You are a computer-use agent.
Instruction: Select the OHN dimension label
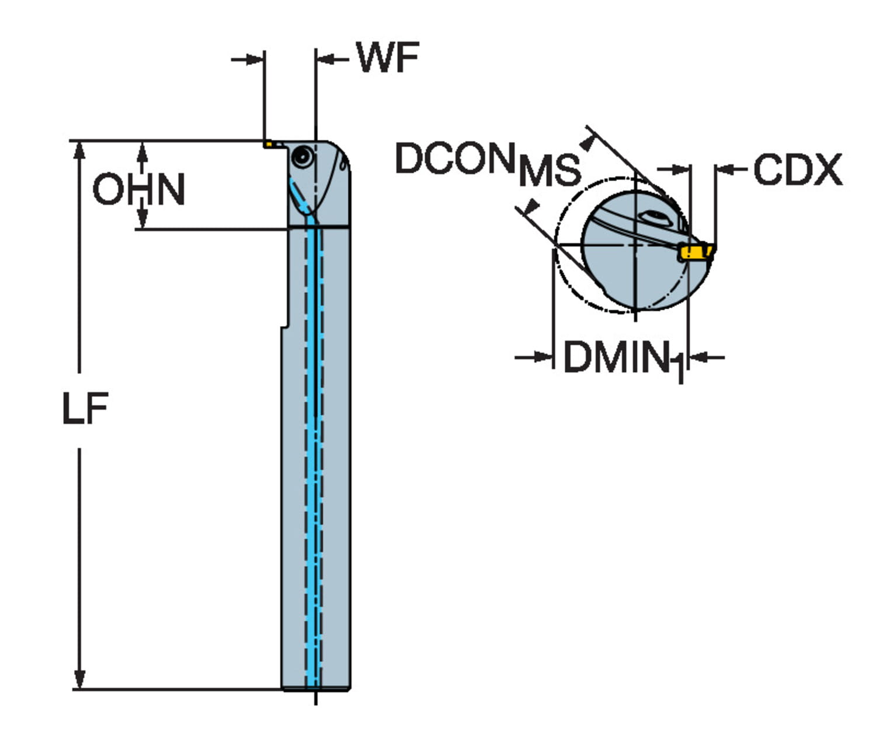139,189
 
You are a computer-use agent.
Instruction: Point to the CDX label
797,170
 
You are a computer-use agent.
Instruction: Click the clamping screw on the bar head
303,156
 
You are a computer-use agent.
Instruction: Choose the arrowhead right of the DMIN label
698,356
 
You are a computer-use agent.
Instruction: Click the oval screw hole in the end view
654,218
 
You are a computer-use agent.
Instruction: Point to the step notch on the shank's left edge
286,325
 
